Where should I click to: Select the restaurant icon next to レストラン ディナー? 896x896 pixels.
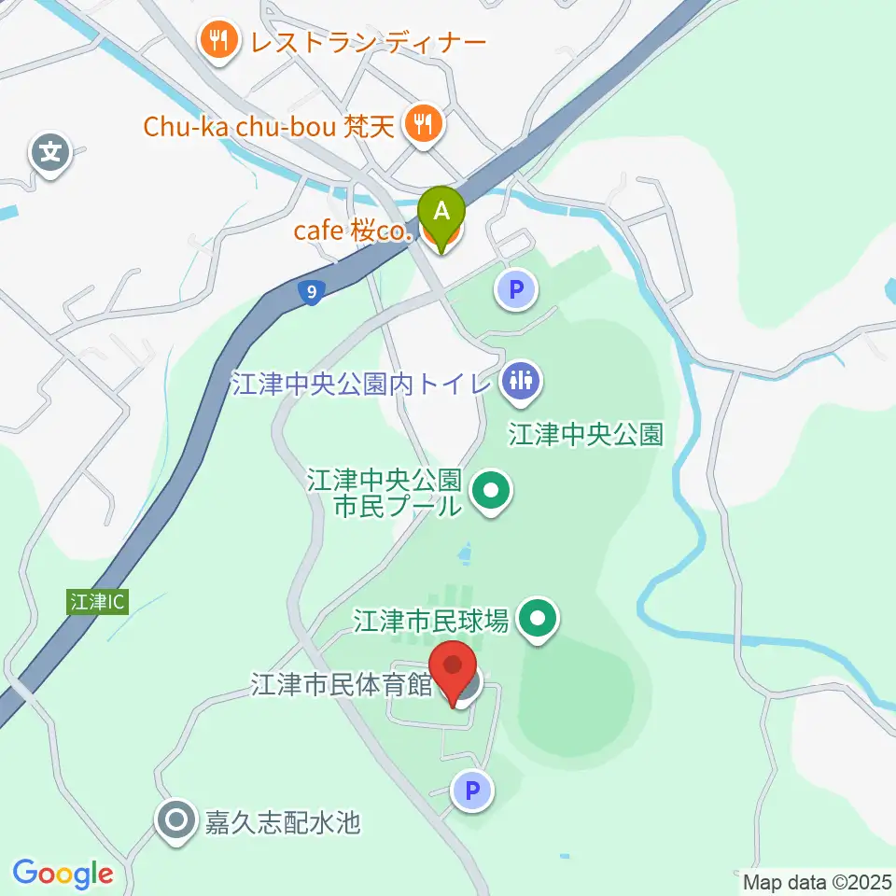point(218,41)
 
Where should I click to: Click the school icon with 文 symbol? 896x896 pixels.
point(49,151)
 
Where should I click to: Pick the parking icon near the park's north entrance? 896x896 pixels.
point(517,289)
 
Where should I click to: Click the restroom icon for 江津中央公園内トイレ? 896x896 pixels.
point(517,382)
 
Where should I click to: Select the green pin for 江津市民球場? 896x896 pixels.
point(538,619)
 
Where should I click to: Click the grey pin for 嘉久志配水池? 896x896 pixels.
point(175,821)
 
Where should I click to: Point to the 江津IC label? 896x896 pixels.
point(95,603)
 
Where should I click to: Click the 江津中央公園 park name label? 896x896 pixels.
point(585,434)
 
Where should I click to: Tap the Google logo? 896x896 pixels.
point(63,874)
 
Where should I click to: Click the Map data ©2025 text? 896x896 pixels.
point(818,881)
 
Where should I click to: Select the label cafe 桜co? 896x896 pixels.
point(352,231)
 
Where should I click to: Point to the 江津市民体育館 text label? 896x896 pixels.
point(342,686)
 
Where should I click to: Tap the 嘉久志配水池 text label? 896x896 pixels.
point(282,822)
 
